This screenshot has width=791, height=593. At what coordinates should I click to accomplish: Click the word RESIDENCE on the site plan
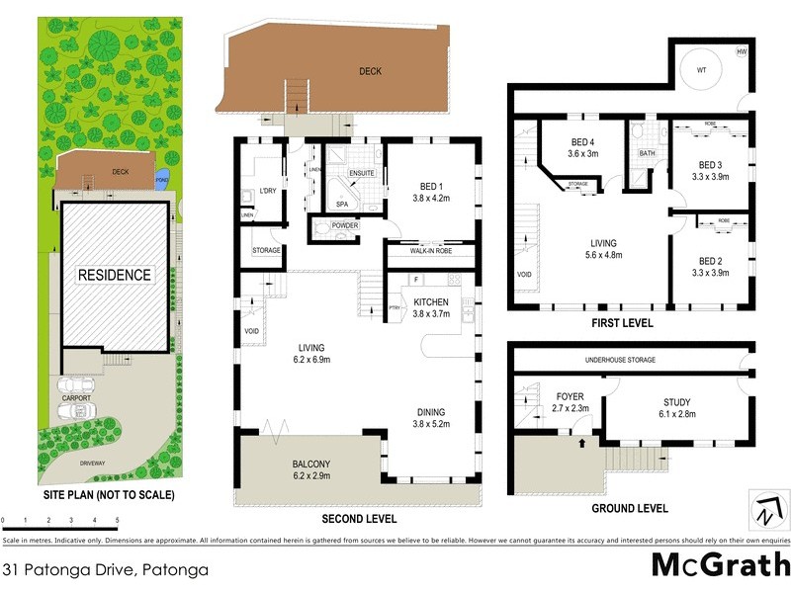pos(116,275)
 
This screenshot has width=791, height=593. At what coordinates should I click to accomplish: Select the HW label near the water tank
pos(742,52)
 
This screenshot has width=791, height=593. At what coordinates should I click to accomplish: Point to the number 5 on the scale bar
pos(117,519)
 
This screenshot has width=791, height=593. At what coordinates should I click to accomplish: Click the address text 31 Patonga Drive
pos(69,569)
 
